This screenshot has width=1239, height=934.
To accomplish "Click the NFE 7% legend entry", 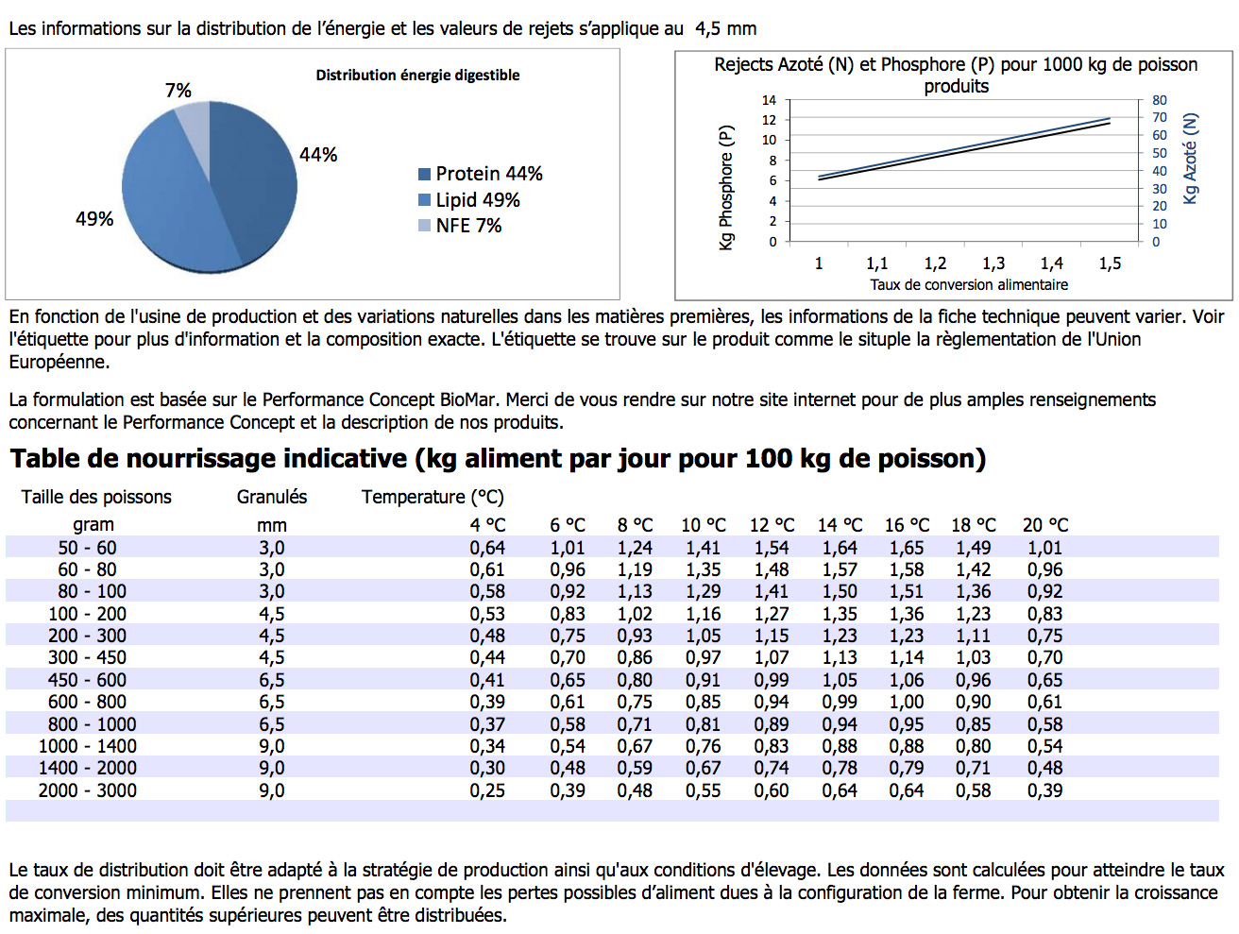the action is [460, 226].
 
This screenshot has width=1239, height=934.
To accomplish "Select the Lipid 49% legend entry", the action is [469, 200].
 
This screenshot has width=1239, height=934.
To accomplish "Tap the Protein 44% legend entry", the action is [481, 174].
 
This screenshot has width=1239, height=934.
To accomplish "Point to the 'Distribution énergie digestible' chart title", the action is [417, 75].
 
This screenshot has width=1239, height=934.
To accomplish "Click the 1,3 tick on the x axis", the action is [993, 263].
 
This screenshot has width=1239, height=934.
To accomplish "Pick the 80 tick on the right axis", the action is [1160, 100].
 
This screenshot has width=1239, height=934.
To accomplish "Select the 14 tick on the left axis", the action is [769, 100].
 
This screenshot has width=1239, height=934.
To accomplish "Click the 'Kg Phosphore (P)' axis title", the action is [726, 187].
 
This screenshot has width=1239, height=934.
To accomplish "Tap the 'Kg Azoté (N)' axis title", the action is [1190, 159].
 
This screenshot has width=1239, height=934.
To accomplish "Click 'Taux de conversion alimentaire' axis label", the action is [969, 284].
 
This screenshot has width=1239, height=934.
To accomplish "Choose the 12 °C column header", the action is [772, 525].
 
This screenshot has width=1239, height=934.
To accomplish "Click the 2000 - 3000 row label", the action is [88, 790].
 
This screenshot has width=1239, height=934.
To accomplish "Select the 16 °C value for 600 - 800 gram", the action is [907, 702].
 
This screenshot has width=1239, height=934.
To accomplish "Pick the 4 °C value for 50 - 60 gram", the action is [487, 548].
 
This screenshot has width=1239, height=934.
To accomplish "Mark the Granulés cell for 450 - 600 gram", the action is [272, 680].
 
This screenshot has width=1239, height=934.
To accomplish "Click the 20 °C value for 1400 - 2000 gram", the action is [1044, 768].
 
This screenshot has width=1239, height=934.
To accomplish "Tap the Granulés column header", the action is [272, 497].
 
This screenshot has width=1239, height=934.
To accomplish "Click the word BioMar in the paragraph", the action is [470, 399].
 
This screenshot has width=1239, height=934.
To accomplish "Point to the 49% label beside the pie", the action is [94, 219].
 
